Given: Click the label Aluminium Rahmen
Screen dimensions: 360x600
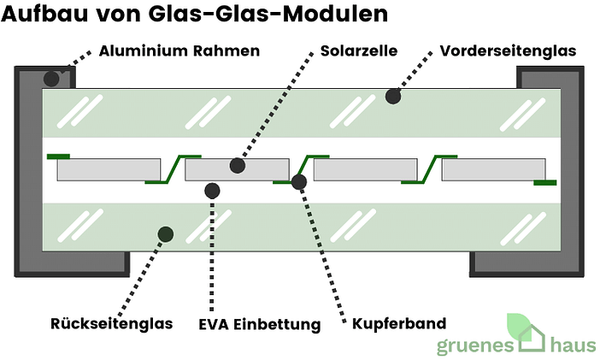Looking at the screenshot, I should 179,51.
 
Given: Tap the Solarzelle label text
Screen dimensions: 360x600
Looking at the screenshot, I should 358,51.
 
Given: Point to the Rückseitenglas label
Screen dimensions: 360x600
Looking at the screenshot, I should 111,324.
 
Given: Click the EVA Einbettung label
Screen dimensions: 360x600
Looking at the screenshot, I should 259,325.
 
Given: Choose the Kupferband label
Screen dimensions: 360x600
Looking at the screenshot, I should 398,325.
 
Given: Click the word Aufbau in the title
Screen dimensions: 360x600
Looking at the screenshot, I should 43,15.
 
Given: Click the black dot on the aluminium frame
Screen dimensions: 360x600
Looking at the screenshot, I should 51,78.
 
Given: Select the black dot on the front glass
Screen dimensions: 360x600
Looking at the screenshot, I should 393,97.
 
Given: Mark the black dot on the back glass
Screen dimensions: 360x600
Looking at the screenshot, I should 166,233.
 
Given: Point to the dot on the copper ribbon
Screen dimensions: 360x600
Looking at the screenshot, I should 299,181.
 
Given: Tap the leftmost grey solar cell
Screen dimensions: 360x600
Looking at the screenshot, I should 109,169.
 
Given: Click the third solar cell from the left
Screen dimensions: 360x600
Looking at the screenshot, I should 365,169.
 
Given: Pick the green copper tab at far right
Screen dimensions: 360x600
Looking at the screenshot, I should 544,182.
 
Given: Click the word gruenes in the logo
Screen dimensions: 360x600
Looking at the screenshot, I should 474,346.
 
